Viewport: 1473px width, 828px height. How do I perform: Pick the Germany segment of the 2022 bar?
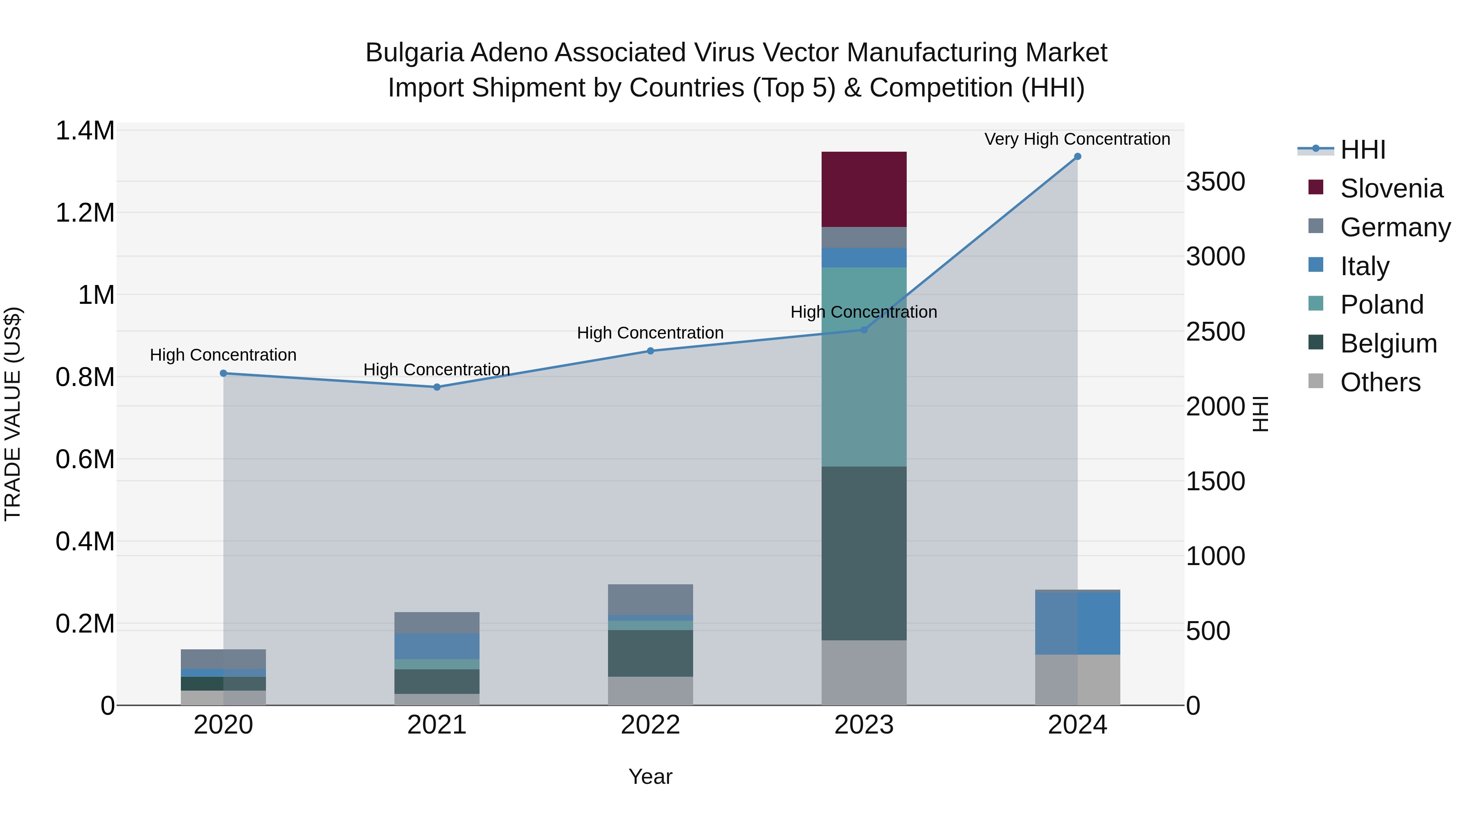click(x=650, y=599)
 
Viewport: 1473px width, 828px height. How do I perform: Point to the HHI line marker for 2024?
click(x=1077, y=157)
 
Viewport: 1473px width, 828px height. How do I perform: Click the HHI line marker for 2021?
click(x=437, y=387)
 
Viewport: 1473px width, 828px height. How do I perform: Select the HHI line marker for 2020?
click(x=223, y=373)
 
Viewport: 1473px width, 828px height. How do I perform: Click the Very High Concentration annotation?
click(x=1077, y=139)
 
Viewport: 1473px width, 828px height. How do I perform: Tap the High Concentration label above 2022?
click(x=650, y=332)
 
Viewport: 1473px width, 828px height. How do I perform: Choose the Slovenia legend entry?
click(x=1391, y=188)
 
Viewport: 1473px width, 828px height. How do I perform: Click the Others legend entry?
click(x=1379, y=382)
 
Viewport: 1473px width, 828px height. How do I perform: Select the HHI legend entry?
click(x=1362, y=150)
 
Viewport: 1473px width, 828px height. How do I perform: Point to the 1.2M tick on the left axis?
click(x=85, y=213)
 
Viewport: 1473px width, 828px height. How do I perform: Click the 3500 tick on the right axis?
click(x=1215, y=182)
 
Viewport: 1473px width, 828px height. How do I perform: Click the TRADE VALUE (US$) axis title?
click(x=13, y=414)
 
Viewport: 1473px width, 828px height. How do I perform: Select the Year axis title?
click(x=650, y=776)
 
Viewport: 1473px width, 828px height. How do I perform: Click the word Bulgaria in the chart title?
click(x=414, y=53)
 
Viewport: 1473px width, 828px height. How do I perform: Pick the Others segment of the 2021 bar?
click(x=437, y=700)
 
